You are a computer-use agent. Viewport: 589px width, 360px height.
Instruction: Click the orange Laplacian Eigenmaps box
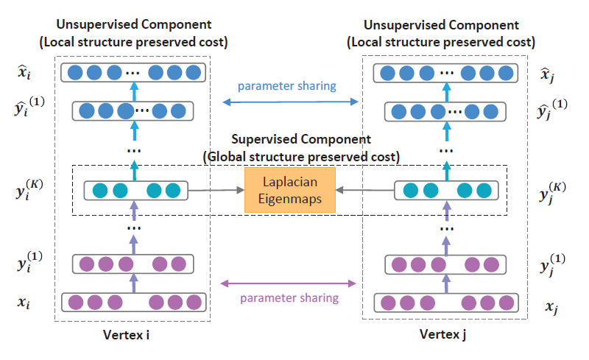(289, 191)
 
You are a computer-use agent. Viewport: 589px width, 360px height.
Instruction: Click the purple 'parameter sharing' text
(289, 298)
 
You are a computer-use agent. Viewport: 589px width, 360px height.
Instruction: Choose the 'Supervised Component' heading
(301, 139)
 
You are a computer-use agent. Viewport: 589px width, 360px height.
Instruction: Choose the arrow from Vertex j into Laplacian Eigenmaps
(364, 191)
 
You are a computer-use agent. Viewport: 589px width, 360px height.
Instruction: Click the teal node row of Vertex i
(133, 191)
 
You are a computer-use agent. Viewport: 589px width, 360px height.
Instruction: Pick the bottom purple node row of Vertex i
(133, 302)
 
